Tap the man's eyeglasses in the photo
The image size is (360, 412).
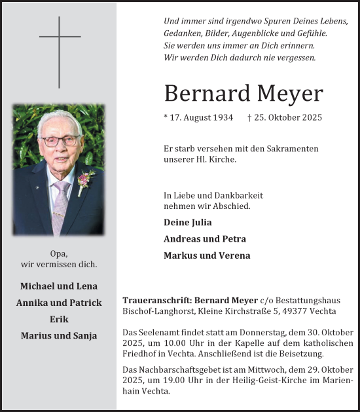pyautogui.click(x=60, y=140)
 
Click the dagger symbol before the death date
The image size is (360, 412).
pyautogui.click(x=250, y=118)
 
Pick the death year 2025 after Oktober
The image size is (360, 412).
pyautogui.click(x=311, y=118)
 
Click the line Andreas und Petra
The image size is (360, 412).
pyautogui.click(x=205, y=239)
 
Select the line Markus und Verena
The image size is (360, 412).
pyautogui.click(x=207, y=255)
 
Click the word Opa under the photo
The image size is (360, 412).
pyautogui.click(x=59, y=253)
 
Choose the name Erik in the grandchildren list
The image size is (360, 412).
pyautogui.click(x=59, y=319)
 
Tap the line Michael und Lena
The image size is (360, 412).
pyautogui.click(x=59, y=286)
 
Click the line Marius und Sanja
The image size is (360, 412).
pyautogui.click(x=59, y=336)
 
